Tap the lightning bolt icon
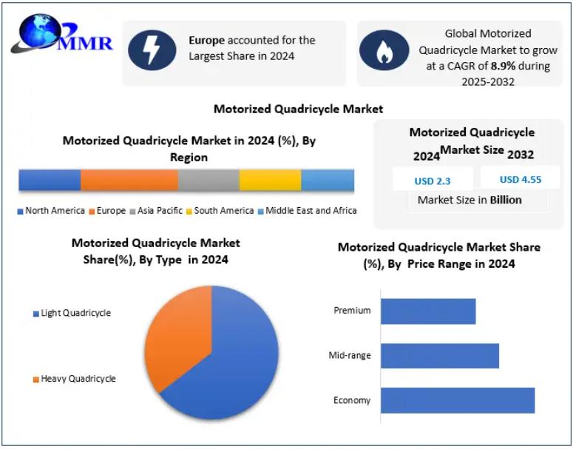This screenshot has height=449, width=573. click(x=152, y=50)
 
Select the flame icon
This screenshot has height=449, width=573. click(x=384, y=50)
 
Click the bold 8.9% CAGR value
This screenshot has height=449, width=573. click(x=504, y=66)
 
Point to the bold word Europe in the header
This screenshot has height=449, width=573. click(x=206, y=40)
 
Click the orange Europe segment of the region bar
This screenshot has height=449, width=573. click(x=129, y=180)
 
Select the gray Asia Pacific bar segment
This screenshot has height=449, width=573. click(x=208, y=180)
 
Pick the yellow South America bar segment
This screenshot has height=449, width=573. click(x=270, y=180)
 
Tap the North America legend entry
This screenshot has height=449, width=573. click(x=51, y=211)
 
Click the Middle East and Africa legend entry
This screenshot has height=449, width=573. click(x=308, y=211)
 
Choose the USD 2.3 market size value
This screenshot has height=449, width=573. click(x=433, y=181)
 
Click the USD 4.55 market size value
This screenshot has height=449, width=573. click(x=521, y=180)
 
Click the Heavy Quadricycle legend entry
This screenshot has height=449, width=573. click(x=75, y=379)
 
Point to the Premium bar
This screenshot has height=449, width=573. click(x=428, y=311)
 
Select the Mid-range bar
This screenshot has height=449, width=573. click(x=440, y=356)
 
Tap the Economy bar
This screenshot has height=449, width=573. click(x=458, y=400)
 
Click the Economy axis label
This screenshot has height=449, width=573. click(x=351, y=400)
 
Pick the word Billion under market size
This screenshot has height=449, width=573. click(x=506, y=200)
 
